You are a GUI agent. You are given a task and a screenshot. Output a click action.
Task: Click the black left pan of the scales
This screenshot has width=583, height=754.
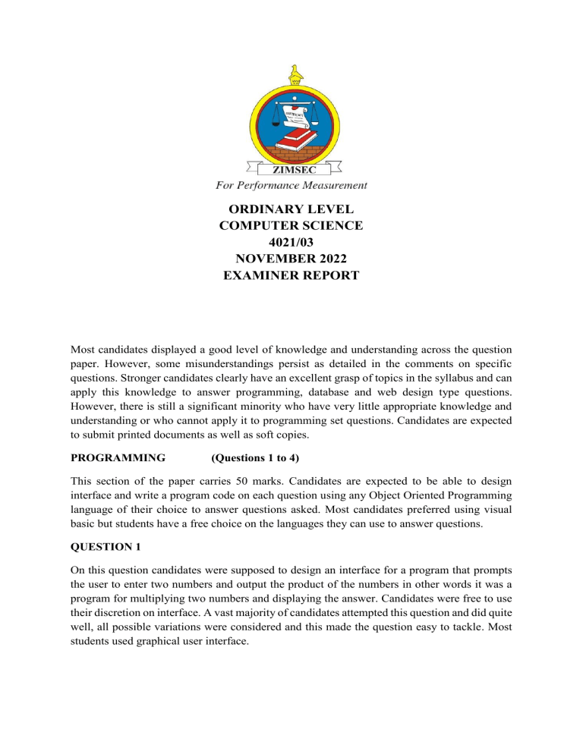point(264,124)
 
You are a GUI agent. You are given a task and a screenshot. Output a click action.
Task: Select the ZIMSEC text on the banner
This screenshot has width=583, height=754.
point(291,171)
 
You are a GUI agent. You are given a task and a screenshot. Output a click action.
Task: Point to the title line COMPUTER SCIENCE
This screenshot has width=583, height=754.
point(291,225)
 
